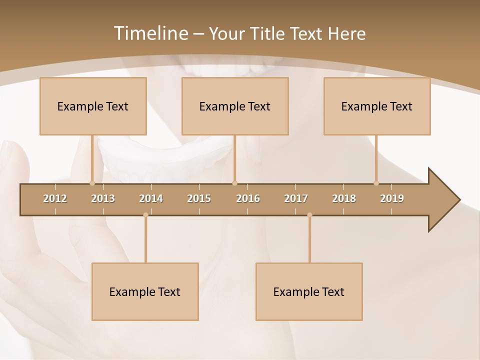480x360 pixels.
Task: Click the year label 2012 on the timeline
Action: pyautogui.click(x=55, y=198)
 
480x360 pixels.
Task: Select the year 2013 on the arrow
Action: pyautogui.click(x=103, y=198)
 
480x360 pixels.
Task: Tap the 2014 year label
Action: pyautogui.click(x=151, y=198)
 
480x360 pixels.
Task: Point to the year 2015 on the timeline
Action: pyautogui.click(x=199, y=198)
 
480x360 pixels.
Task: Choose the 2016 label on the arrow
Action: pyautogui.click(x=248, y=198)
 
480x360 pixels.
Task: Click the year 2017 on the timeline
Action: pyautogui.click(x=296, y=198)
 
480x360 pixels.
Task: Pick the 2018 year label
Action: pyautogui.click(x=344, y=198)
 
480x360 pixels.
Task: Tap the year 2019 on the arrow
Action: pyautogui.click(x=392, y=198)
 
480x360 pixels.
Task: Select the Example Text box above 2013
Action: pyautogui.click(x=93, y=106)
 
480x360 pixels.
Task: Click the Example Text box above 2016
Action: pyautogui.click(x=235, y=106)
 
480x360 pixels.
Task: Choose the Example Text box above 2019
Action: pyautogui.click(x=377, y=106)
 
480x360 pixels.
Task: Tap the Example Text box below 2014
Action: pyautogui.click(x=145, y=291)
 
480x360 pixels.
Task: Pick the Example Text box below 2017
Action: pyautogui.click(x=309, y=291)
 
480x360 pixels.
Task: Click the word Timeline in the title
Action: pyautogui.click(x=150, y=33)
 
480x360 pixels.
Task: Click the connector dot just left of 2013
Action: pyautogui.click(x=92, y=183)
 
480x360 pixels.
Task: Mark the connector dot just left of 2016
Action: pyautogui.click(x=234, y=183)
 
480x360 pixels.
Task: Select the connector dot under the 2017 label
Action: pyautogui.click(x=309, y=215)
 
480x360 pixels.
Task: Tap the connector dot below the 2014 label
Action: pyautogui.click(x=145, y=215)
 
